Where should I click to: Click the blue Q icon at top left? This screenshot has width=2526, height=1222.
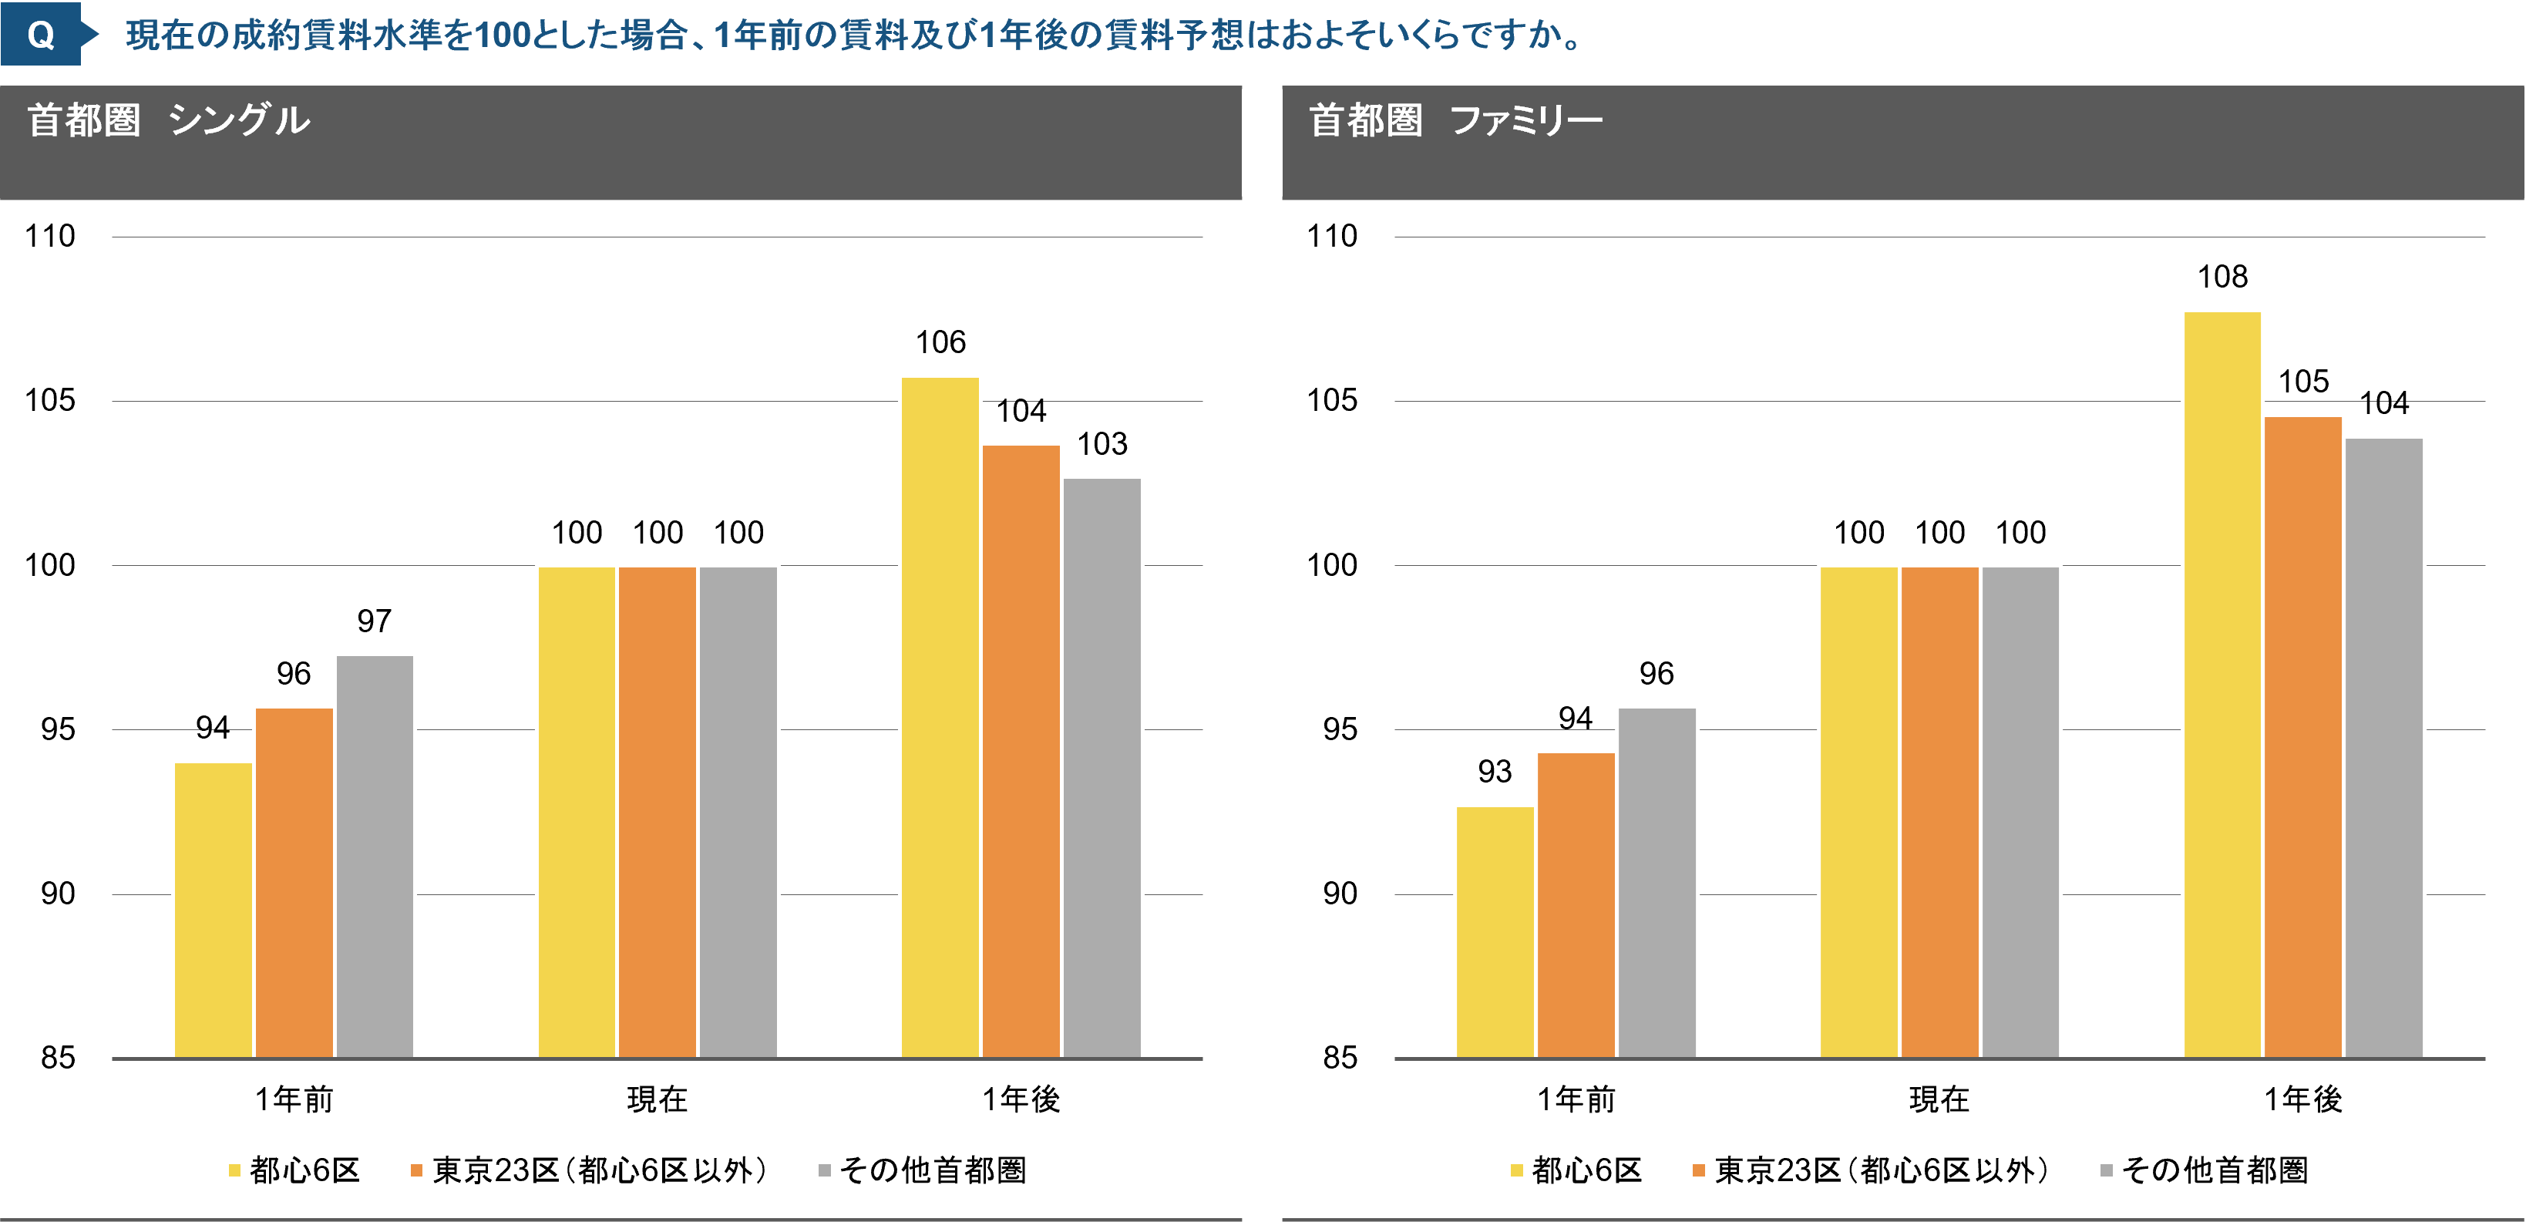(x=41, y=35)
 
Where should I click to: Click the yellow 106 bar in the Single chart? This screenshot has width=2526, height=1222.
(x=940, y=716)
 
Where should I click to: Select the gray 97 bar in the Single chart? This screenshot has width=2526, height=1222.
(x=375, y=855)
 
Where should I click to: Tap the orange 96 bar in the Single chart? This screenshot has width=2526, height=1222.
(x=294, y=882)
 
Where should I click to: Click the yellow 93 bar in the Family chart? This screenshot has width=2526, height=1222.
(x=1495, y=931)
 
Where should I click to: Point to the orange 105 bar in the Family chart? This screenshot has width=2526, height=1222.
(x=2302, y=736)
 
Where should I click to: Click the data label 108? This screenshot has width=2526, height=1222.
(x=2222, y=278)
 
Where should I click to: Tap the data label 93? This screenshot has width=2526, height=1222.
(x=1495, y=772)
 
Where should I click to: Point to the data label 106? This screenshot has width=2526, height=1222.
(x=940, y=342)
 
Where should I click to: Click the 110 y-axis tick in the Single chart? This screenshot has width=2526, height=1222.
(x=50, y=237)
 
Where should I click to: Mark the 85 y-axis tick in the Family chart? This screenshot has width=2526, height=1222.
(x=1340, y=1057)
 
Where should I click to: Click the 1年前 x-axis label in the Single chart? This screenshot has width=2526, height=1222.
(x=294, y=1099)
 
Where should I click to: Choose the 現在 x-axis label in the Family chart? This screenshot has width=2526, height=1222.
(x=1939, y=1099)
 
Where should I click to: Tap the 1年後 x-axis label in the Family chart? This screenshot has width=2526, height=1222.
(x=2302, y=1099)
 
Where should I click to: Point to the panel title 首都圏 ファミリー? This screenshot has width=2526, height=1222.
(x=1455, y=120)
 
